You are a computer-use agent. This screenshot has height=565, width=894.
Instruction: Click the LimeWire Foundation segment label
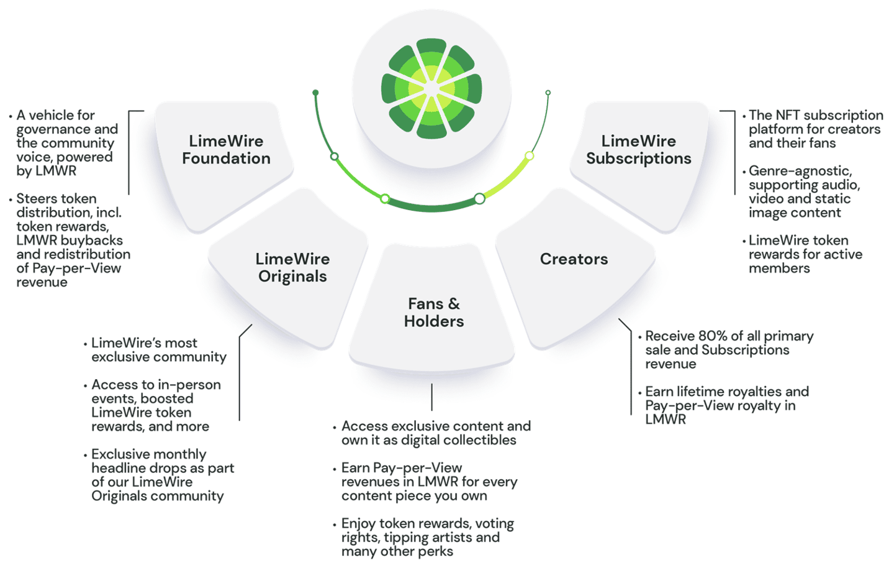point(226,150)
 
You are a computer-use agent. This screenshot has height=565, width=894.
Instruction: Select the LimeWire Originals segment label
point(292,268)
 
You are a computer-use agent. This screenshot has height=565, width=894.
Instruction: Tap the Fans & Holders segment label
point(433,313)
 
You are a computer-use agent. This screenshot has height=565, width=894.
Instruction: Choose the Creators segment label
point(574,259)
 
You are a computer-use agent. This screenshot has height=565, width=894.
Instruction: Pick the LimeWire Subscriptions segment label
point(638,150)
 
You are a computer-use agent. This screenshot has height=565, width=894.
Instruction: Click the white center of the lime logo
point(431,89)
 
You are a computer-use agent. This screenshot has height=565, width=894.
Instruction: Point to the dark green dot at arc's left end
point(315,93)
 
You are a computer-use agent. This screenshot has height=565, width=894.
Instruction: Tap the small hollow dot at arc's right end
point(548,93)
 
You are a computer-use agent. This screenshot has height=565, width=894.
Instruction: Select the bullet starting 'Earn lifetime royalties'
point(726,405)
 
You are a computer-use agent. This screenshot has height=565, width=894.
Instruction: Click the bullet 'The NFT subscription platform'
point(815,129)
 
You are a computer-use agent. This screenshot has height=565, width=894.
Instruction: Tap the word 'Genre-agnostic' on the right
point(800,171)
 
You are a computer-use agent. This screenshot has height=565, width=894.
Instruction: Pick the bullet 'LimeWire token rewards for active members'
point(805,254)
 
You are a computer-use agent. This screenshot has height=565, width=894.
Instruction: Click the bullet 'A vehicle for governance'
point(66,143)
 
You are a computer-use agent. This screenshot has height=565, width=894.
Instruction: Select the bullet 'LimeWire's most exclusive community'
point(158,350)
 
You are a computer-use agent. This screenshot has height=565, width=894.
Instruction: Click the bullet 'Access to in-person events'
point(155,405)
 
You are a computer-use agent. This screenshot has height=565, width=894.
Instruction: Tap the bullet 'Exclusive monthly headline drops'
point(162,475)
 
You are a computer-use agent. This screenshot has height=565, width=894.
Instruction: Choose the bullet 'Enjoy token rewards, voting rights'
point(427,537)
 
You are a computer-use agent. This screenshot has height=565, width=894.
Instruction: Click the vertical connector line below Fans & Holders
point(431,397)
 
